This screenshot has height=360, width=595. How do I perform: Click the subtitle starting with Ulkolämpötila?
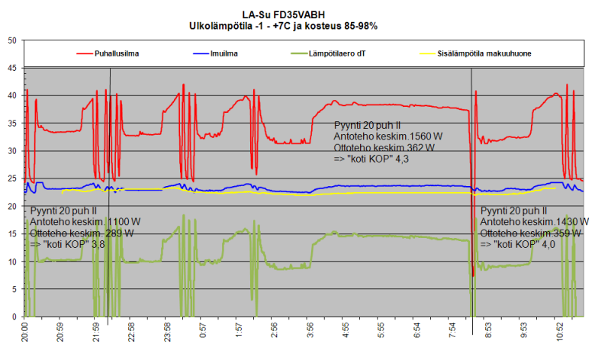283,26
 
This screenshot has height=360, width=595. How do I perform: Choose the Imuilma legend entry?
224,54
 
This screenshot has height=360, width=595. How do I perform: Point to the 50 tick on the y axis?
11,40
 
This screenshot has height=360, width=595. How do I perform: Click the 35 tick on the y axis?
11,123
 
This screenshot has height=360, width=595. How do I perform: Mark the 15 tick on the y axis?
11,233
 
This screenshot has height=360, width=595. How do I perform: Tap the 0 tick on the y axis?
14,317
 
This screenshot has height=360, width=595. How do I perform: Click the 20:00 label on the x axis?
27,333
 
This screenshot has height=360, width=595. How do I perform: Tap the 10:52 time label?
560,333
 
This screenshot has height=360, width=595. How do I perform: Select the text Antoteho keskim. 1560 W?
388,136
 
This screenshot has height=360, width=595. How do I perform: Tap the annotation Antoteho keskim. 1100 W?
85,221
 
